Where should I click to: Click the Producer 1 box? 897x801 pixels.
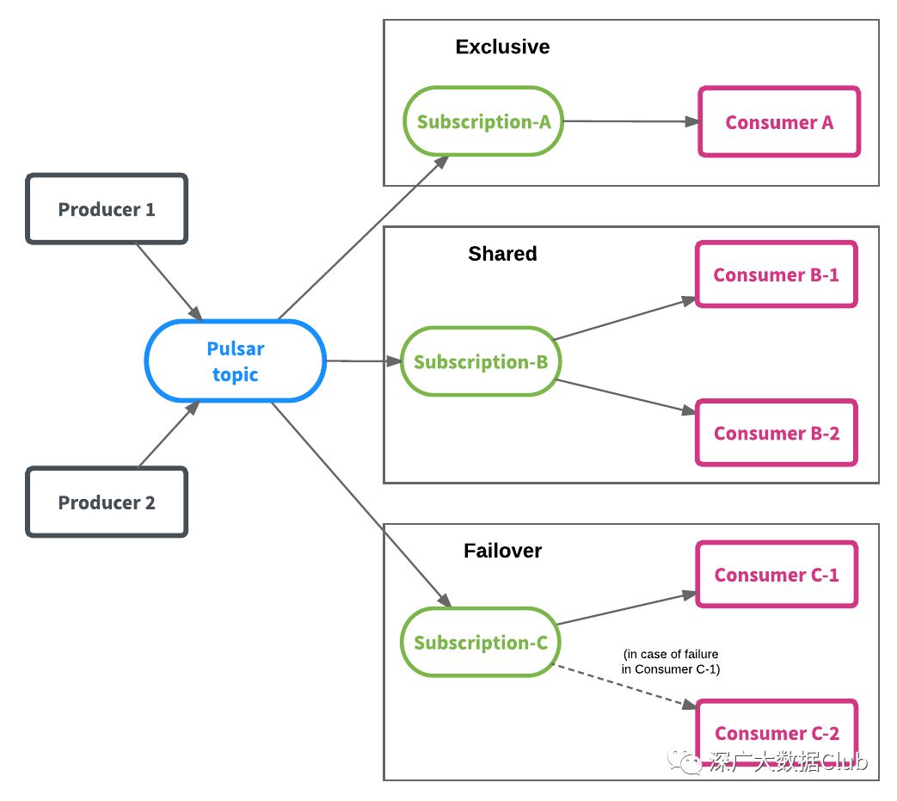(107, 209)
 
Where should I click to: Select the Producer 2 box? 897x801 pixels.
(107, 502)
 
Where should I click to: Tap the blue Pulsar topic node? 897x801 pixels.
(235, 360)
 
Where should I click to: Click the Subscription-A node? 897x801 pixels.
(483, 121)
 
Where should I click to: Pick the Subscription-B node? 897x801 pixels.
(481, 361)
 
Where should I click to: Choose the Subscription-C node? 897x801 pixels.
(481, 642)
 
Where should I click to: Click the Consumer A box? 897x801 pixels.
(779, 122)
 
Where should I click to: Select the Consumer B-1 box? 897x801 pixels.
(777, 274)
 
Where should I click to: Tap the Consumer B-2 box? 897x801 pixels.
(777, 433)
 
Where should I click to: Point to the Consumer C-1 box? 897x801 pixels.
(777, 575)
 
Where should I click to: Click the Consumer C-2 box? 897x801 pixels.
(777, 733)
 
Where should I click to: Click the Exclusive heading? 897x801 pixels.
(502, 46)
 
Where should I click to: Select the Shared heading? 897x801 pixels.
(502, 254)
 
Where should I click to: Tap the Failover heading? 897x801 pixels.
(502, 551)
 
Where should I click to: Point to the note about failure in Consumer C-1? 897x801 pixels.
(671, 662)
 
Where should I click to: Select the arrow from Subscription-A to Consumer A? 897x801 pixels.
(631, 121)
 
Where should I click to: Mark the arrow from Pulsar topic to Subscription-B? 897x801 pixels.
(364, 361)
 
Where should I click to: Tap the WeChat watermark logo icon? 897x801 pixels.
(685, 761)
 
